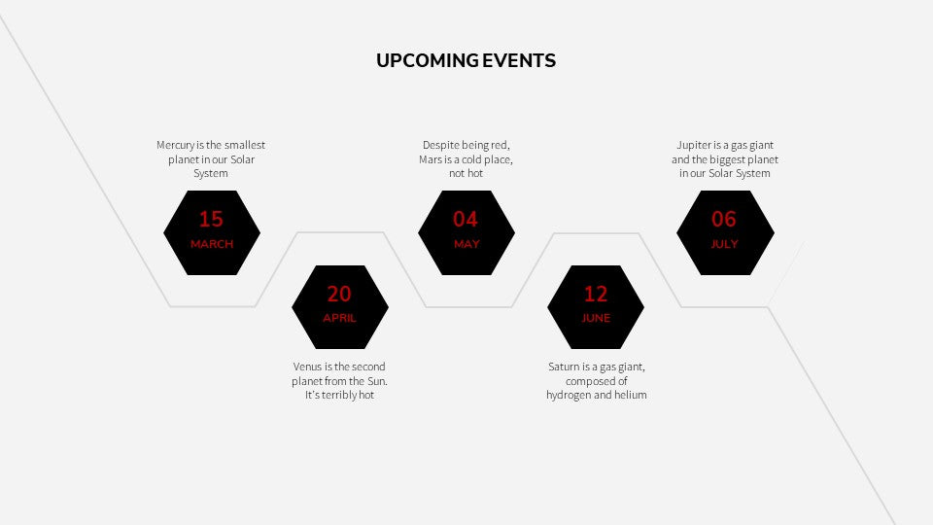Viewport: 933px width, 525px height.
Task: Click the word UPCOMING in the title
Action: click(x=428, y=60)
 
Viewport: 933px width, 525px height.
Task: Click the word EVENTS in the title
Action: click(x=519, y=60)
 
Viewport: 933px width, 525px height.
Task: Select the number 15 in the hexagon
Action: click(x=211, y=219)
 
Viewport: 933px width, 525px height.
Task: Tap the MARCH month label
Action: click(x=212, y=244)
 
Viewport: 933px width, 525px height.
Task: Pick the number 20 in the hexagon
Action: click(x=339, y=294)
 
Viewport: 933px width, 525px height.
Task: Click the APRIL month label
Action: click(x=340, y=318)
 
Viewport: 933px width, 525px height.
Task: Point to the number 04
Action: click(x=466, y=219)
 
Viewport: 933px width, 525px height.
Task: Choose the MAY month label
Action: click(x=466, y=244)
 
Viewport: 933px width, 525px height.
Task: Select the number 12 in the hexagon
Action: click(x=596, y=294)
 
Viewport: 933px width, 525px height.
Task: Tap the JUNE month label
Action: click(x=596, y=318)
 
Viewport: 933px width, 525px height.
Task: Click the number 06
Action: click(x=724, y=219)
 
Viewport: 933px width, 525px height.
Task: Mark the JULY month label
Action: click(x=724, y=244)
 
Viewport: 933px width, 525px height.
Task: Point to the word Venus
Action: click(x=308, y=367)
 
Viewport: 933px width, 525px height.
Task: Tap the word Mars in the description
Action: click(x=430, y=159)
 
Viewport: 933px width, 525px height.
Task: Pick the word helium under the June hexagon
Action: click(x=631, y=396)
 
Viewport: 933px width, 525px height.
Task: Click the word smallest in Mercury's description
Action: click(x=245, y=145)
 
